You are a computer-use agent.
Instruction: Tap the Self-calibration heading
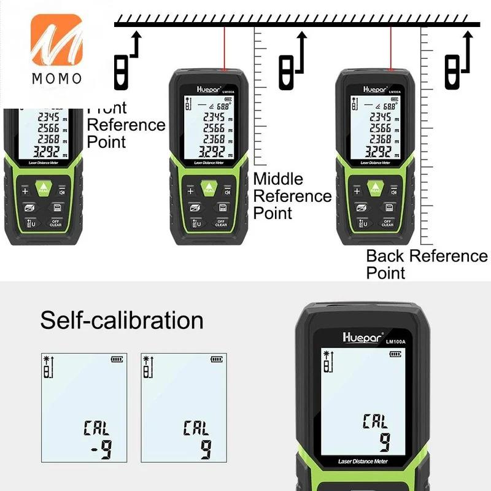pyautogui.click(x=122, y=320)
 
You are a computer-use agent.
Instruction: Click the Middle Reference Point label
pyautogui.click(x=292, y=196)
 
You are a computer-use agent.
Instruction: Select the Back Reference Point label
pyautogui.click(x=427, y=264)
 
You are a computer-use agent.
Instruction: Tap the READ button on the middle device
pyautogui.click(x=209, y=187)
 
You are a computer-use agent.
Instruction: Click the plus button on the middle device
pyautogui.click(x=190, y=191)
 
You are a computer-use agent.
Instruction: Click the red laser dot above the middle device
pyautogui.click(x=225, y=67)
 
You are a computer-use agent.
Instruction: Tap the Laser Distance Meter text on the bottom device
pyautogui.click(x=363, y=460)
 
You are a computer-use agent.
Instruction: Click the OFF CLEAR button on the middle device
pyautogui.click(x=222, y=223)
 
